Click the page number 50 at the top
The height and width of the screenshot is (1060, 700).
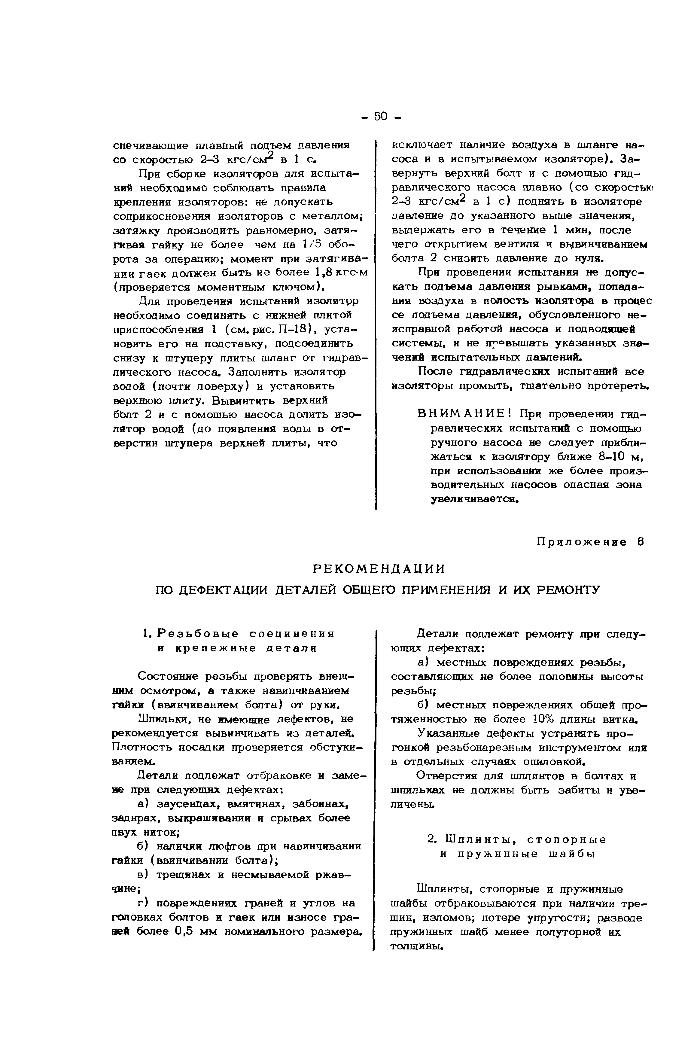[x=380, y=117]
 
